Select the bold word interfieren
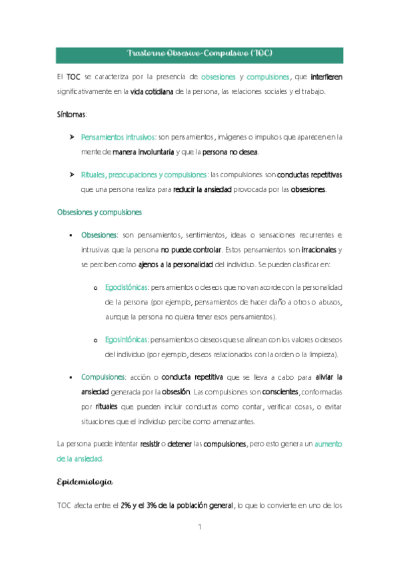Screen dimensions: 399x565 point(326,77)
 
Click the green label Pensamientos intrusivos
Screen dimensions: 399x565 point(118,138)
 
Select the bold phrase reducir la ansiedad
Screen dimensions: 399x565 point(202,189)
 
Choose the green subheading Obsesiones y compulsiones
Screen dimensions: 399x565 point(99,213)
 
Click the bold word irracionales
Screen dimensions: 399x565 point(319,250)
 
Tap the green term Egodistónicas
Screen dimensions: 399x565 point(127,288)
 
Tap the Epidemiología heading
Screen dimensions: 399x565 point(85,481)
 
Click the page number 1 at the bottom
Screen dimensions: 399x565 point(199,528)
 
